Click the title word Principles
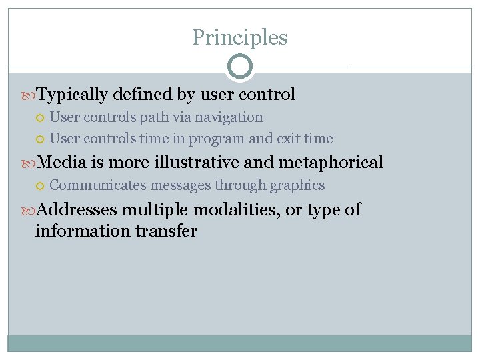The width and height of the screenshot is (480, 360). (240, 37)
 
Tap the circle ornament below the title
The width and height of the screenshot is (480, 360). (240, 66)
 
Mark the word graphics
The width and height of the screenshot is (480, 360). (297, 185)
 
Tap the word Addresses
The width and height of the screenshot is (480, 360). (76, 209)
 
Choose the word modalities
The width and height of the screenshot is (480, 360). (237, 209)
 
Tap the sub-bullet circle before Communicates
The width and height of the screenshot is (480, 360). (41, 186)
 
